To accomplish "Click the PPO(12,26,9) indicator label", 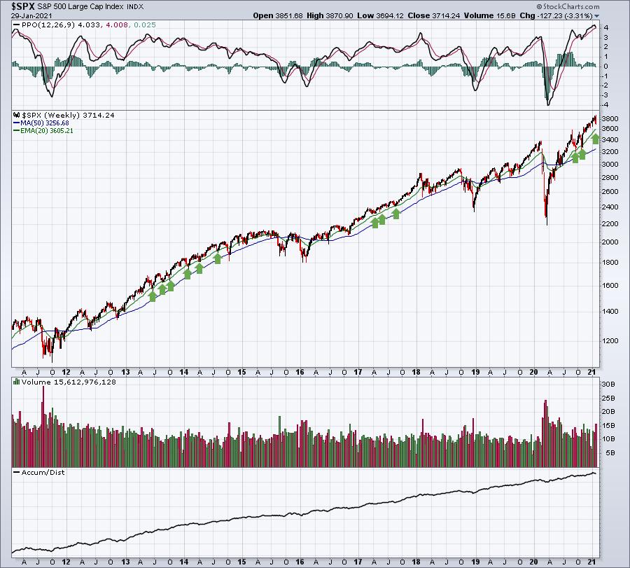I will [x=44, y=26].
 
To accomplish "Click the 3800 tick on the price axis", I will [x=612, y=119].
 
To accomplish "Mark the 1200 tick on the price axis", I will [x=612, y=341].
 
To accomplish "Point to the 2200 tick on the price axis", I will [x=612, y=224].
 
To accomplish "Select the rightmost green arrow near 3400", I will [x=595, y=139].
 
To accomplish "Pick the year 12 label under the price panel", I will [x=65, y=371].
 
